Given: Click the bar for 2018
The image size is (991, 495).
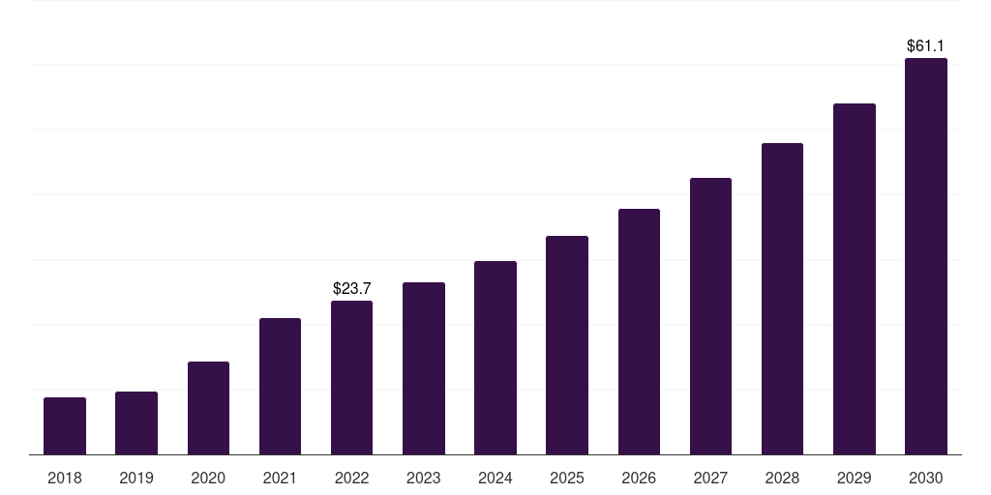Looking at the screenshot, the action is (65, 425).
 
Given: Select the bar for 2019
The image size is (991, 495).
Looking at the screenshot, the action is (135, 423).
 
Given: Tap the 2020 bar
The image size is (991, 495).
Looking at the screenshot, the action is (208, 408).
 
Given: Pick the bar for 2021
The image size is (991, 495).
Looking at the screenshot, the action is (280, 387).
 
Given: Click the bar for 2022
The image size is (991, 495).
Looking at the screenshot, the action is (351, 378).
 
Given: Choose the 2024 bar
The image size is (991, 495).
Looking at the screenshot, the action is (495, 358).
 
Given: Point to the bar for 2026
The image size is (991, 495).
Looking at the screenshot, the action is (639, 332).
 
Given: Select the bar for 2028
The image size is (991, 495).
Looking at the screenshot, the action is (782, 299).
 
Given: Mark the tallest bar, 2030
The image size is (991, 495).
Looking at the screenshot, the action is (926, 256).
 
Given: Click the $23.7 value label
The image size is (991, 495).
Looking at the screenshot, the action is (351, 288).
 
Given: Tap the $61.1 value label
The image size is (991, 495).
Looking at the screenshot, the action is (925, 46).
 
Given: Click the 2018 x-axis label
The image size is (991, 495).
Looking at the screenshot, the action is (65, 478).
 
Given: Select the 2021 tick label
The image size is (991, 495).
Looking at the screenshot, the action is (280, 478).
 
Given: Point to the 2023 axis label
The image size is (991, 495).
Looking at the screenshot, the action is (424, 478).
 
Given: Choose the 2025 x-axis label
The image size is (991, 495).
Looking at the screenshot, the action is (567, 478).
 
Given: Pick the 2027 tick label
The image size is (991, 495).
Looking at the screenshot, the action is (710, 478).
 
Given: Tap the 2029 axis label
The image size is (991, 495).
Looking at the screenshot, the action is (854, 478).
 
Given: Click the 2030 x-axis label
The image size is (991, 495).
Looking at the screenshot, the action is (926, 478).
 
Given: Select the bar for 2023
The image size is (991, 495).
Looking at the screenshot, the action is (424, 368).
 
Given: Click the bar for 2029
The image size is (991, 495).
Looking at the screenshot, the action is (854, 279).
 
